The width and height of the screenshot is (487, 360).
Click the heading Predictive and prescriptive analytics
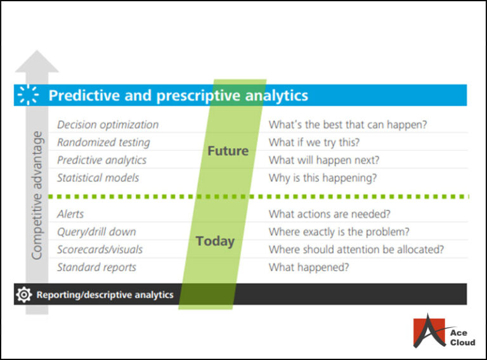pyautogui.click(x=178, y=96)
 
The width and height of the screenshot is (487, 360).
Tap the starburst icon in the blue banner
pyautogui.click(x=28, y=95)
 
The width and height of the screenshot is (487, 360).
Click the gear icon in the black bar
pyautogui.click(x=24, y=295)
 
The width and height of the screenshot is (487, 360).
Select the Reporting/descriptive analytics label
pyautogui.click(x=105, y=295)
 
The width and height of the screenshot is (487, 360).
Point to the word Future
pyautogui.click(x=228, y=151)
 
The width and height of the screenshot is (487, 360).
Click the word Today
pyautogui.click(x=215, y=241)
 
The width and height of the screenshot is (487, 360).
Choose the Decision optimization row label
pyautogui.click(x=108, y=125)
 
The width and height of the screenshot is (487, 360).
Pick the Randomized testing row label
pyautogui.click(x=103, y=143)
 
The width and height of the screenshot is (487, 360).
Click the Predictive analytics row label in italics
pyautogui.click(x=101, y=160)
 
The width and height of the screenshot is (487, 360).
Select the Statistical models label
pyautogui.click(x=98, y=178)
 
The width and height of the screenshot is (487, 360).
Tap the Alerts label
pyautogui.click(x=70, y=214)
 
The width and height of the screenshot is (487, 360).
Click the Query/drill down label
pyautogui.click(x=96, y=232)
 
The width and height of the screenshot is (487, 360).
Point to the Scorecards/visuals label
pyautogui.click(x=100, y=250)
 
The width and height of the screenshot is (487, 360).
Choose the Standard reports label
pyautogui.click(x=96, y=267)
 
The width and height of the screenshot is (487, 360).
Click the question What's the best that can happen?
pyautogui.click(x=347, y=125)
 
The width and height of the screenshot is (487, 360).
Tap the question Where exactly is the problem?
pyautogui.click(x=339, y=232)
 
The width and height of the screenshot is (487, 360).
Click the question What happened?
pyautogui.click(x=309, y=267)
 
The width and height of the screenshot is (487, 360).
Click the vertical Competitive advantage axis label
pyautogui.click(x=37, y=195)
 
